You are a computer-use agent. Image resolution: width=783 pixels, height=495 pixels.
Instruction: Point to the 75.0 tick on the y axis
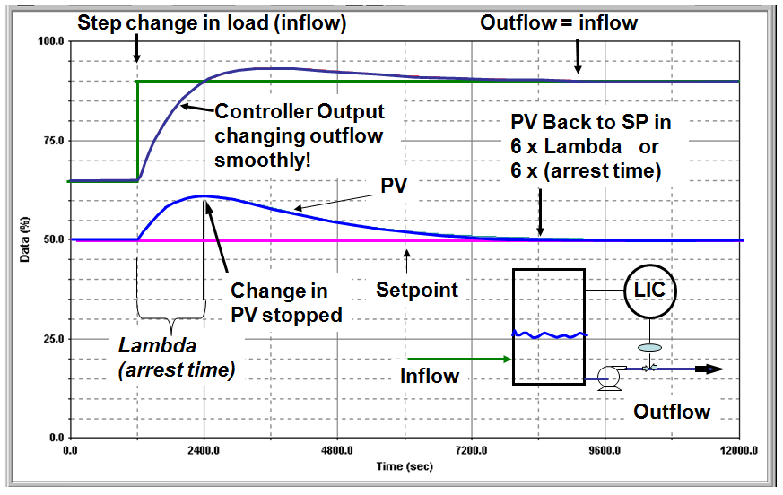pos(50,141)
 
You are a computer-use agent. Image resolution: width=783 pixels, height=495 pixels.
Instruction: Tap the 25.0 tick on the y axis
pos(50,339)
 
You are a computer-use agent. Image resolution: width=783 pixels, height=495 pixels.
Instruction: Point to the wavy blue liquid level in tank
pos(549,335)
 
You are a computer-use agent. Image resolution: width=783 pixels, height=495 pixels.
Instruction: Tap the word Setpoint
pos(416,291)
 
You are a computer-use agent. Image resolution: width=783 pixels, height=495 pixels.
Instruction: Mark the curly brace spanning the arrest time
pos(170,310)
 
